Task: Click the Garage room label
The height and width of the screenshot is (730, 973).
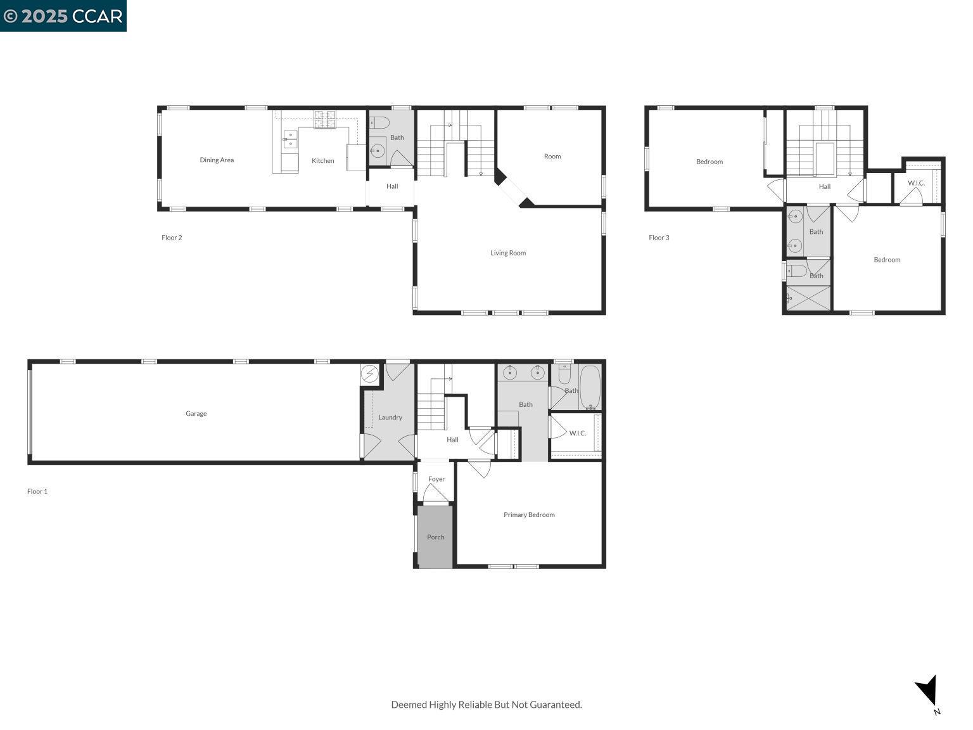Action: (x=196, y=414)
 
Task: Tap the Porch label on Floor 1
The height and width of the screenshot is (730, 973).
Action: (x=435, y=537)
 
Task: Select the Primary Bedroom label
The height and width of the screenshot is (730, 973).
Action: (x=529, y=515)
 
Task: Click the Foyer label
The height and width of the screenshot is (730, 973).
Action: (x=436, y=479)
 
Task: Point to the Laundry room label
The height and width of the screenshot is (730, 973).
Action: (x=390, y=418)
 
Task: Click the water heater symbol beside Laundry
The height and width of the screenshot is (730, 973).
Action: (x=369, y=374)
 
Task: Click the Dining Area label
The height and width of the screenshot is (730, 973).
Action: (x=217, y=160)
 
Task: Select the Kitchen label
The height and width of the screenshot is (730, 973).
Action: (x=322, y=161)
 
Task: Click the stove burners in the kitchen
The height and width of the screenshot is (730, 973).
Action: (x=325, y=118)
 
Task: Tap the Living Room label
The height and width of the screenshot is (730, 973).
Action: (x=508, y=253)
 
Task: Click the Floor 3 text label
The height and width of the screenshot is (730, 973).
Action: (x=659, y=238)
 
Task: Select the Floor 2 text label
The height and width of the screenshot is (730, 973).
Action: (x=172, y=238)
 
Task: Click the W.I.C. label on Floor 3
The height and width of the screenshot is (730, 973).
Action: (x=916, y=183)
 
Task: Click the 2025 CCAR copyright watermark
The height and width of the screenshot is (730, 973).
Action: (x=63, y=16)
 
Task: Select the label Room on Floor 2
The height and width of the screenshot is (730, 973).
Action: (x=552, y=157)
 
